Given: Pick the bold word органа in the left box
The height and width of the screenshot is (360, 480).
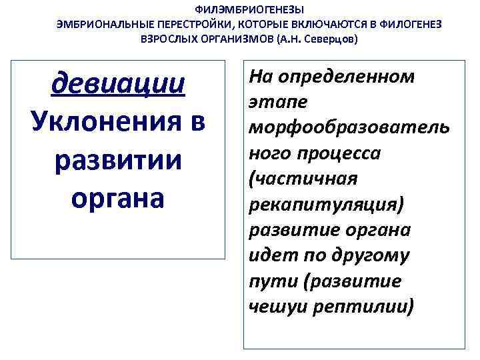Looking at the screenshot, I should click(x=118, y=198).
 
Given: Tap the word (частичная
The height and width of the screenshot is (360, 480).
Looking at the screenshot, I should click(x=303, y=179).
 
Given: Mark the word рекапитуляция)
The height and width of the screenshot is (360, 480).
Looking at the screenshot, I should click(x=325, y=205).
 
